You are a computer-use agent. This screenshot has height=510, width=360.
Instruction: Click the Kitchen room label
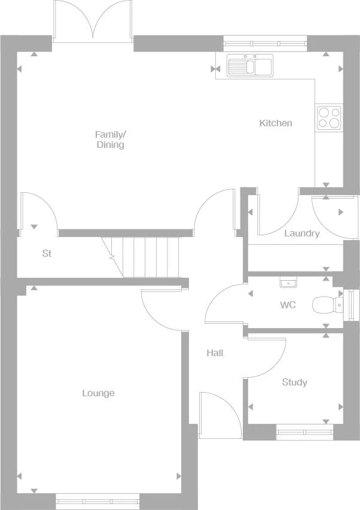(x=276, y=123)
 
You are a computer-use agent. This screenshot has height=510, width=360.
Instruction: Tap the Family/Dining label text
(x=111, y=139)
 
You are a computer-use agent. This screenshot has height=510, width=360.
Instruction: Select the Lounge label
(x=98, y=393)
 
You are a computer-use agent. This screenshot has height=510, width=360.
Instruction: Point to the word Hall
(x=215, y=353)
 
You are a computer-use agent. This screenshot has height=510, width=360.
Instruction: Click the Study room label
(x=294, y=382)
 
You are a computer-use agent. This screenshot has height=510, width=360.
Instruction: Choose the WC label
(x=288, y=305)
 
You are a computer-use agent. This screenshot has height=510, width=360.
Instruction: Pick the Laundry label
(x=301, y=233)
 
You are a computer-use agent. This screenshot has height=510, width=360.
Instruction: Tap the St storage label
(x=47, y=254)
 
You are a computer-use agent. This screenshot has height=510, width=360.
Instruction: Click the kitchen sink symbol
(x=249, y=65)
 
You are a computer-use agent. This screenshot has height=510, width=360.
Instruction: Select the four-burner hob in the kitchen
(x=329, y=117)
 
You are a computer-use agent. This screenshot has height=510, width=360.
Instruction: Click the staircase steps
(x=150, y=257)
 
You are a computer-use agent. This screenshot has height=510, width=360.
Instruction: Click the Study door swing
(x=266, y=358)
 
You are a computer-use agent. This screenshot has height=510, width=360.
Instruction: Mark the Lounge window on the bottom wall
(x=97, y=498)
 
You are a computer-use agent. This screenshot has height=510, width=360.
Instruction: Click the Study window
(x=304, y=430)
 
